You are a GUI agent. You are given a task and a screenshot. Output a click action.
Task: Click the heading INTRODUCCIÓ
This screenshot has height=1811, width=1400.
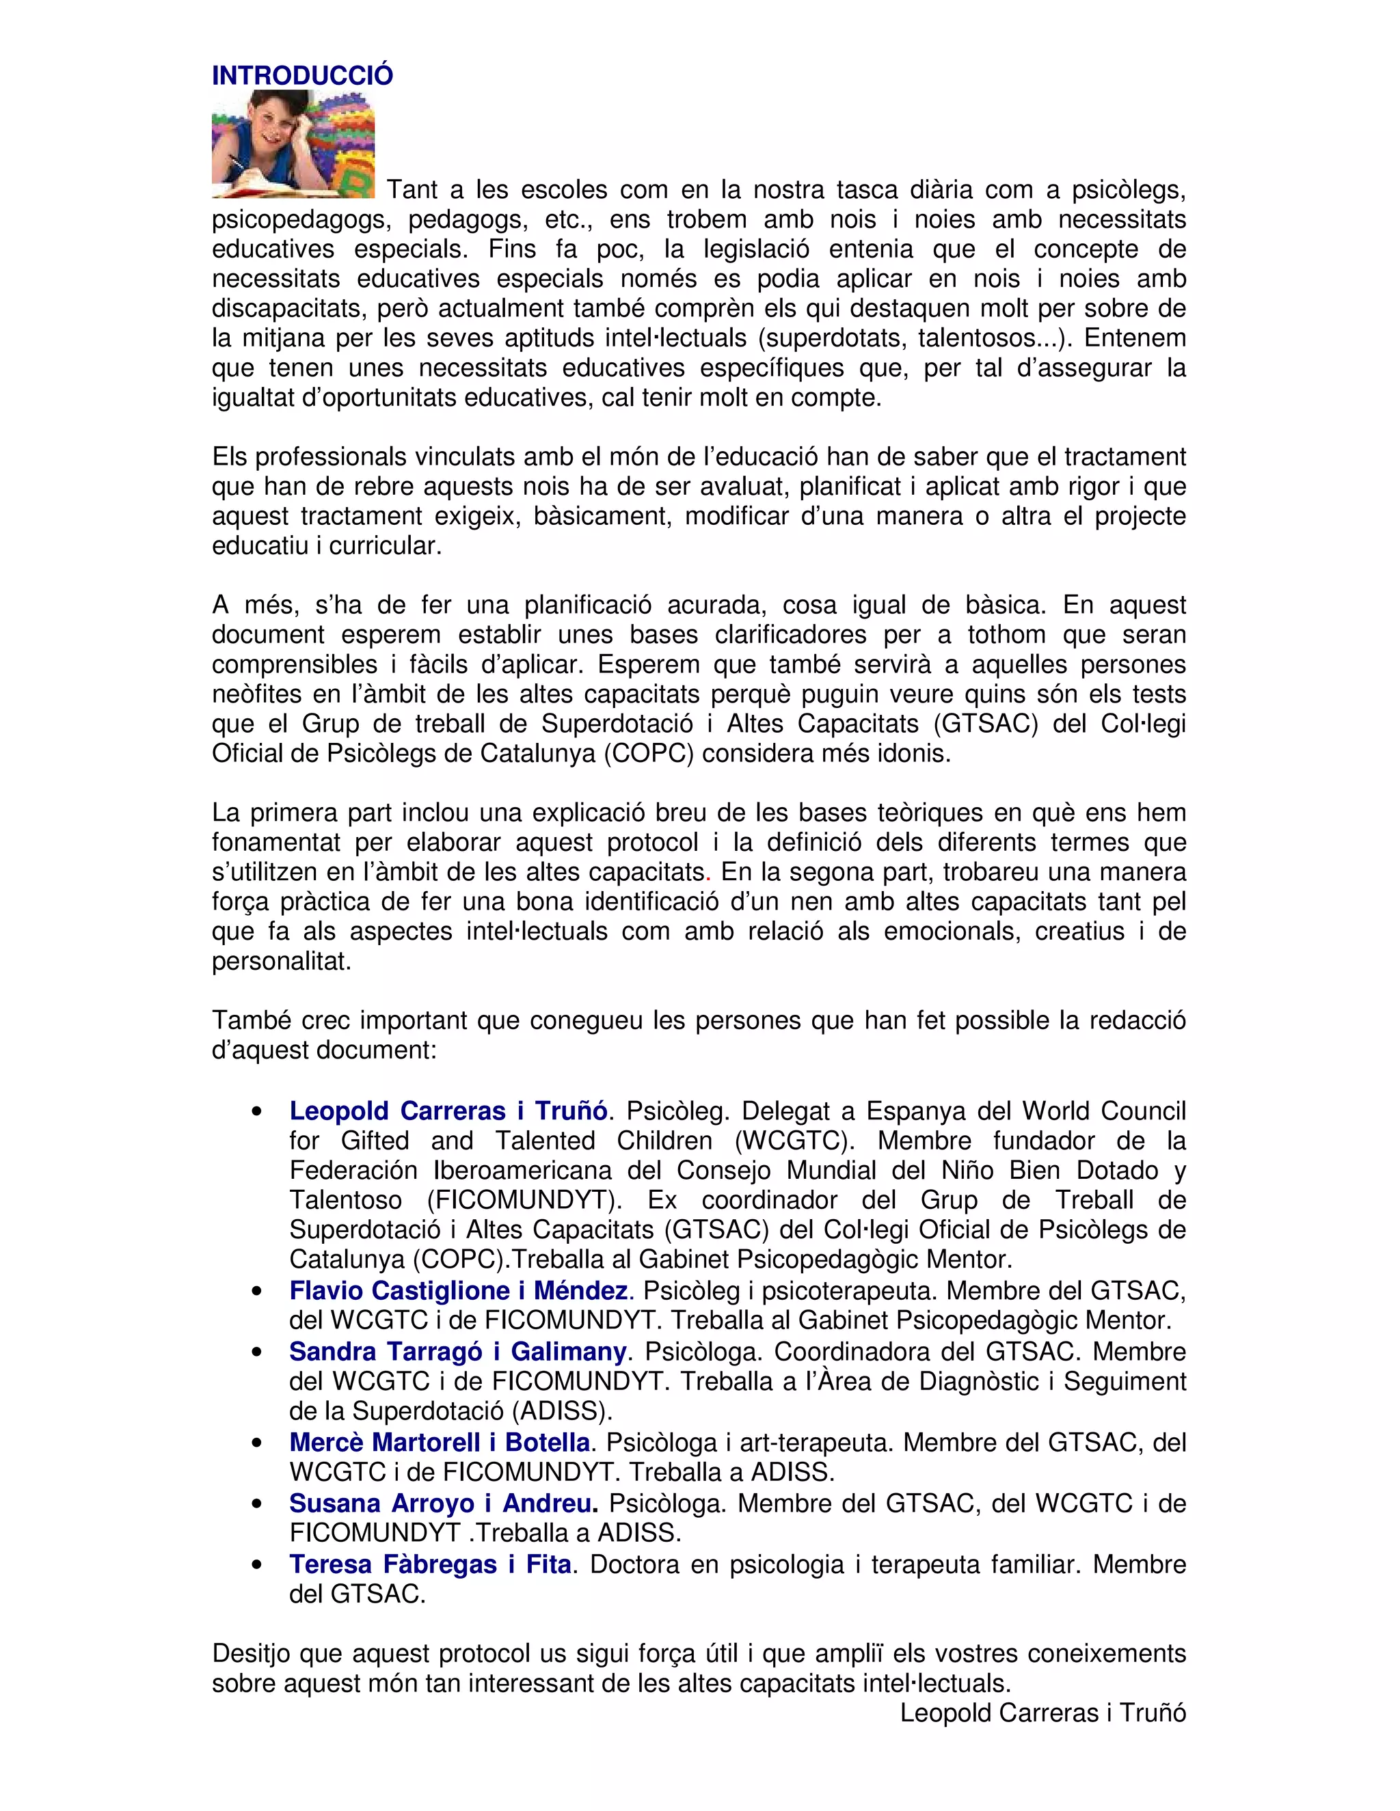(x=302, y=75)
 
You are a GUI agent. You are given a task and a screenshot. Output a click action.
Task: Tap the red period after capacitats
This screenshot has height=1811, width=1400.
(x=708, y=872)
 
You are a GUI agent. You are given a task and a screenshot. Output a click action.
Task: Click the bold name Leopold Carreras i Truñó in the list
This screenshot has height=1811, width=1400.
(x=448, y=1111)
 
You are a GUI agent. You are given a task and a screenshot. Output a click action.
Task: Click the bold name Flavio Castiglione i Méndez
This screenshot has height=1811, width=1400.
(x=459, y=1290)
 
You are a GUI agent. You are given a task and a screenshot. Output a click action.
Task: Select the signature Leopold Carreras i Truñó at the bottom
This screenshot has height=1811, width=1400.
(x=1042, y=1713)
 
